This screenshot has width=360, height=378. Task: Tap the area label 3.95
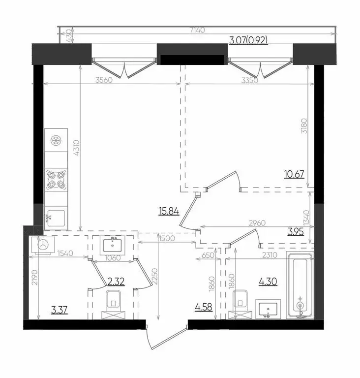tap(297, 232)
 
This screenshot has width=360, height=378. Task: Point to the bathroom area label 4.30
tap(268, 282)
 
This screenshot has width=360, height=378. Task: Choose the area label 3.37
tap(60, 310)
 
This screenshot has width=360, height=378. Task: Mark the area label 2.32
tap(116, 282)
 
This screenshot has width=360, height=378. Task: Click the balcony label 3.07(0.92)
tap(248, 41)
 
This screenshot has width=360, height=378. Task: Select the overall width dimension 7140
tap(200, 30)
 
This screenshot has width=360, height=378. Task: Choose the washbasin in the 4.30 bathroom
tap(268, 310)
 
